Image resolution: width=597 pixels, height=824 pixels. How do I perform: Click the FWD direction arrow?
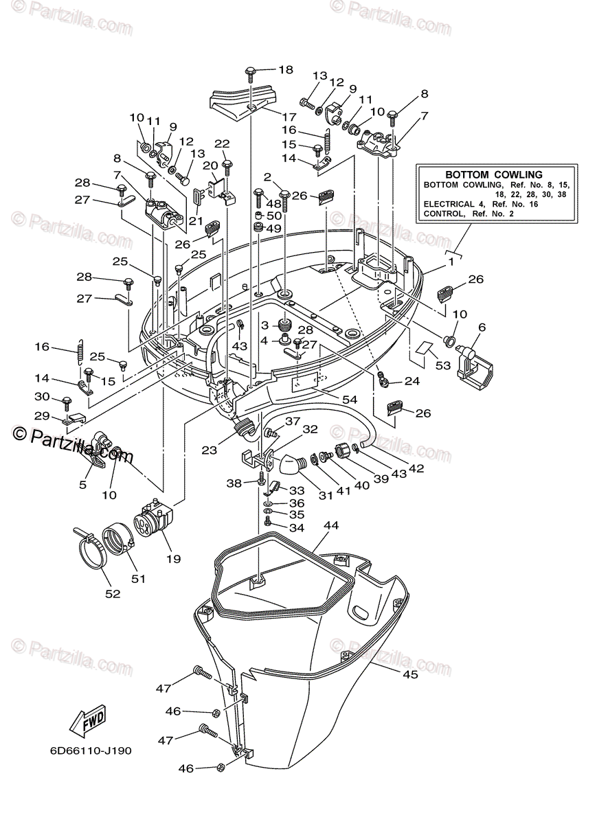point(87,721)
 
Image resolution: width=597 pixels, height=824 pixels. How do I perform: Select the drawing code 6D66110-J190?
point(90,751)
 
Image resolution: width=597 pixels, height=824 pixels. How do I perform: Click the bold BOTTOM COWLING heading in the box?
point(493,175)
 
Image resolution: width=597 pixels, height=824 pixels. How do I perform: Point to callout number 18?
point(285,69)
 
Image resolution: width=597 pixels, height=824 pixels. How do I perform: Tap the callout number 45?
point(410,674)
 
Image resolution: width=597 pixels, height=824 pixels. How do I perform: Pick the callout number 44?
point(331,526)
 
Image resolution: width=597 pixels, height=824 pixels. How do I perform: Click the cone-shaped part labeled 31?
point(291,466)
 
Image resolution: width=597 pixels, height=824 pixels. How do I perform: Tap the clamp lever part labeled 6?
point(477,362)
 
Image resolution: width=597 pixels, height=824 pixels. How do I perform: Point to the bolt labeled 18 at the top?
point(251,71)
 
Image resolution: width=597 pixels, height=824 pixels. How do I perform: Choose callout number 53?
point(442,366)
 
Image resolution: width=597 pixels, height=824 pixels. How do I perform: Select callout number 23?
point(209,450)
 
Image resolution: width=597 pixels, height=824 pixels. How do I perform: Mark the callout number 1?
point(451,261)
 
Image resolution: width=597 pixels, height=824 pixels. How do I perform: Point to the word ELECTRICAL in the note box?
point(449,204)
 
